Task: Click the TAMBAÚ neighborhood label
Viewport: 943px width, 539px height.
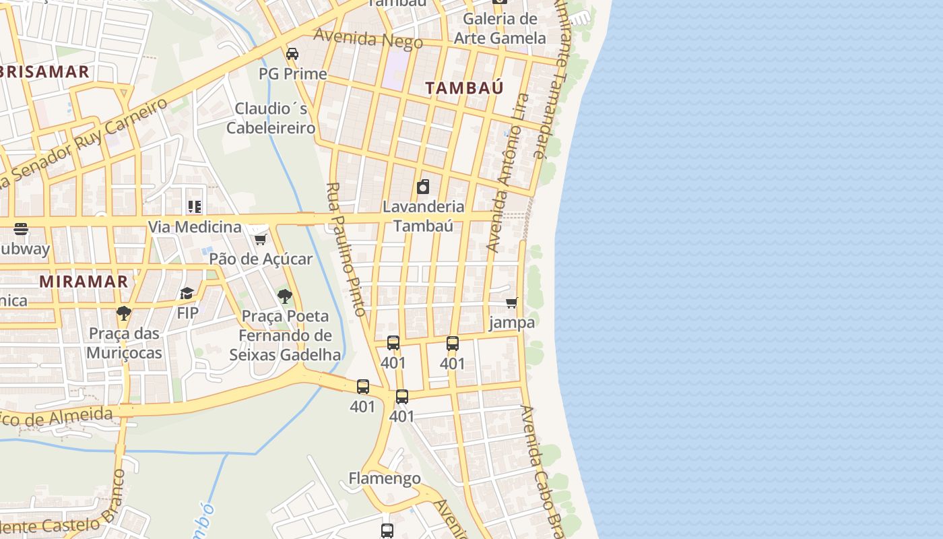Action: coord(465,88)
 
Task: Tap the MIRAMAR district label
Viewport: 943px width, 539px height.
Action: coord(84,282)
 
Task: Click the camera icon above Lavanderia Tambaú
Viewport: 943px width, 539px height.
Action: coord(423,187)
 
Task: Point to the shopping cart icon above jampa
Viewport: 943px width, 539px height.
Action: coord(512,303)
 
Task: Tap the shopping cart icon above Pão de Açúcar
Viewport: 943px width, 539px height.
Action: coord(260,239)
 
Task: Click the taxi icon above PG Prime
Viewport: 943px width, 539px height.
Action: coord(292,54)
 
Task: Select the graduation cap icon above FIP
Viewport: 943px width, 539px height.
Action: coord(187,293)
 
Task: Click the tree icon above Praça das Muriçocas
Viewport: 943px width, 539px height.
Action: coord(123,313)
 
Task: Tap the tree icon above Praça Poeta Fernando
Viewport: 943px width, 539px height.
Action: coord(285,296)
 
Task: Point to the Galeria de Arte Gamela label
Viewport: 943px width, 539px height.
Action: coord(499,28)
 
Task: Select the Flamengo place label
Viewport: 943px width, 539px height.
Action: coord(385,478)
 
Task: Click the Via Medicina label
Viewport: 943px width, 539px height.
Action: coord(195,226)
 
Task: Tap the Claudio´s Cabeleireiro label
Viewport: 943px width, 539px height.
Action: coord(271,118)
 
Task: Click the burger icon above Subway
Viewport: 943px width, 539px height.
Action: coord(21,229)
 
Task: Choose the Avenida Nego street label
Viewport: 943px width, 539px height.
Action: coord(368,38)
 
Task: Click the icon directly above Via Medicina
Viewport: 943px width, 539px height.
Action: coord(195,207)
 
